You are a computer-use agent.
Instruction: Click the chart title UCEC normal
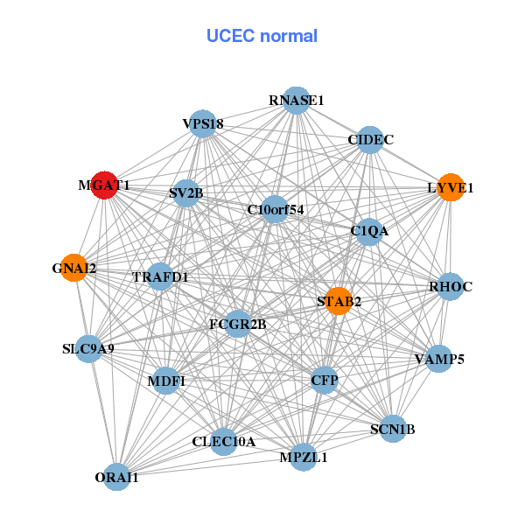click(x=262, y=36)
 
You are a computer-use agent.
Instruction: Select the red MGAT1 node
click(x=105, y=185)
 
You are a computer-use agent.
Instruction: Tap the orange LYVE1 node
click(x=450, y=188)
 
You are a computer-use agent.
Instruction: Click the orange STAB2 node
click(x=338, y=302)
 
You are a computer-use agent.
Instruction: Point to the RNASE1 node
click(x=297, y=101)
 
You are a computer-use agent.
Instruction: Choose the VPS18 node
click(x=201, y=125)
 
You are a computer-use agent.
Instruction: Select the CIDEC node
click(x=370, y=140)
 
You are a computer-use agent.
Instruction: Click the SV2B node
click(x=185, y=193)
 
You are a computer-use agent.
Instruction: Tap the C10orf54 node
click(x=275, y=209)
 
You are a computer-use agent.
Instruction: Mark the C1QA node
click(x=369, y=232)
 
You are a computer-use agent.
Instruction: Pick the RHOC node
click(x=450, y=287)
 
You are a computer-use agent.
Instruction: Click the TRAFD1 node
click(x=160, y=277)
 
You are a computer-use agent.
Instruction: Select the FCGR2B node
click(x=238, y=325)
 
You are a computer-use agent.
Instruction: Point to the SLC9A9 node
click(x=89, y=349)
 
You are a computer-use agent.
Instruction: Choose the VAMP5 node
click(x=437, y=359)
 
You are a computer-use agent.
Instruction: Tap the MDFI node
click(x=166, y=381)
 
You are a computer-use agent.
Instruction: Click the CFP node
click(x=325, y=380)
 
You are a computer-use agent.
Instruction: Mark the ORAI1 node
click(x=117, y=477)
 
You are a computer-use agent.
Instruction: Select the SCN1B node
click(x=393, y=429)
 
